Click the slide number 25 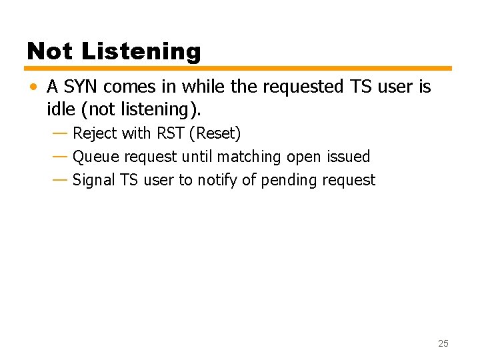point(443,343)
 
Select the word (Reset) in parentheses point(215,133)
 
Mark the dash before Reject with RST point(59,133)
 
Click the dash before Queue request point(59,157)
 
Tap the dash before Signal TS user point(59,180)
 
